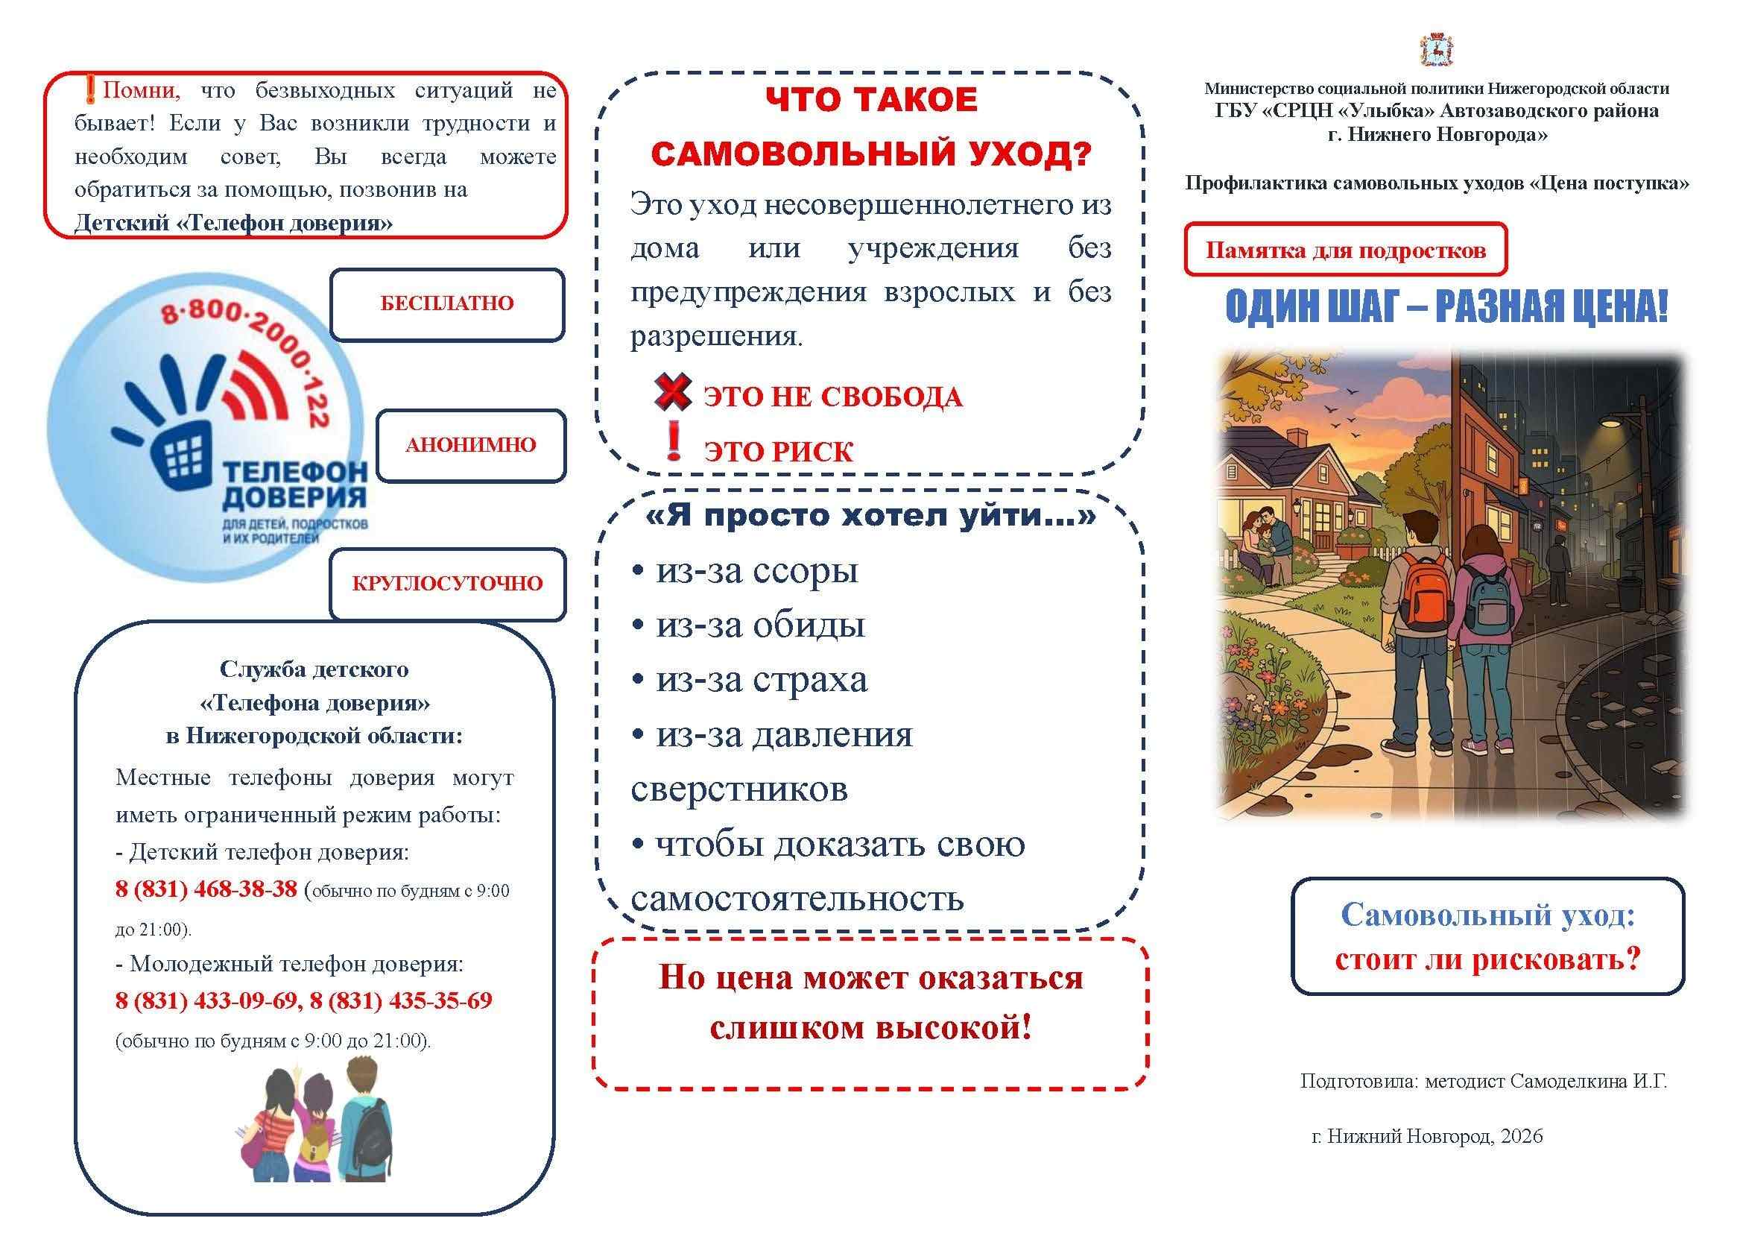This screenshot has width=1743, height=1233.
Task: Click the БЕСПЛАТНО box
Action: pyautogui.click(x=446, y=303)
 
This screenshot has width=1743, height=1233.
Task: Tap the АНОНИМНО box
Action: pyautogui.click(x=471, y=445)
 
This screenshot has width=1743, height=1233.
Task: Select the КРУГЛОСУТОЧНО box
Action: pyautogui.click(x=447, y=584)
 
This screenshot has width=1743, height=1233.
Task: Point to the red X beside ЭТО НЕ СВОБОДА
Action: pyautogui.click(x=673, y=392)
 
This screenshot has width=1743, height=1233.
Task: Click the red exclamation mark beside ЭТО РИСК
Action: pyautogui.click(x=674, y=442)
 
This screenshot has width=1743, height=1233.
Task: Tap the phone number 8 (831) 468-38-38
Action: pyautogui.click(x=206, y=889)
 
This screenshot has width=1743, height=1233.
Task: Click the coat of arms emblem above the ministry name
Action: pyautogui.click(x=1436, y=50)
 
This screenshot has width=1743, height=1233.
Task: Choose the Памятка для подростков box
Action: pyautogui.click(x=1345, y=250)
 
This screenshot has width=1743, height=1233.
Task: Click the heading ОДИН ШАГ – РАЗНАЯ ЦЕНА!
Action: pyautogui.click(x=1446, y=306)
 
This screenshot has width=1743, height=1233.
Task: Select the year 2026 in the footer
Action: pyautogui.click(x=1522, y=1137)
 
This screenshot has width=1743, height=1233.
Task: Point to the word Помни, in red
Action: pyautogui.click(x=141, y=91)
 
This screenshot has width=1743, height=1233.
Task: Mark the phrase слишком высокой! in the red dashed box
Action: pyautogui.click(x=870, y=1028)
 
